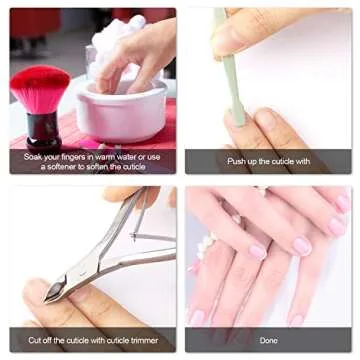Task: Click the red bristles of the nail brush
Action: click(40, 87)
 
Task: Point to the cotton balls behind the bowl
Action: click(124, 30)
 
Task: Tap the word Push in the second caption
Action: click(238, 161)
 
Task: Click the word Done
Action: click(268, 340)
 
